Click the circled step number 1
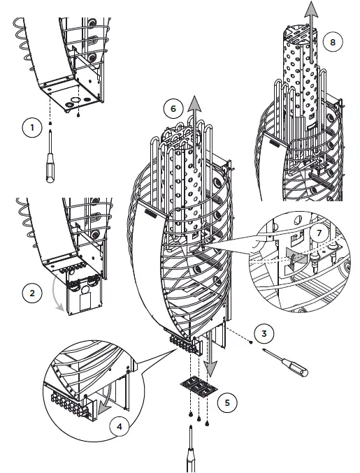click(x=32, y=127)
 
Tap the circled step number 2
click(x=32, y=293)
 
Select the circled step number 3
click(x=264, y=333)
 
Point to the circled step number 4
click(x=120, y=427)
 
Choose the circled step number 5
click(x=227, y=402)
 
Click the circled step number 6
click(x=173, y=108)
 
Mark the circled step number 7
click(x=319, y=233)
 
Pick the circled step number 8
click(x=333, y=42)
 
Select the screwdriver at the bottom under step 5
click(x=191, y=449)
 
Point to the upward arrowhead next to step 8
click(x=311, y=8)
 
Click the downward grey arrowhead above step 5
click(x=210, y=368)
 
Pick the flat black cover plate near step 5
click(x=199, y=386)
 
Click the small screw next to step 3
click(x=251, y=342)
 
